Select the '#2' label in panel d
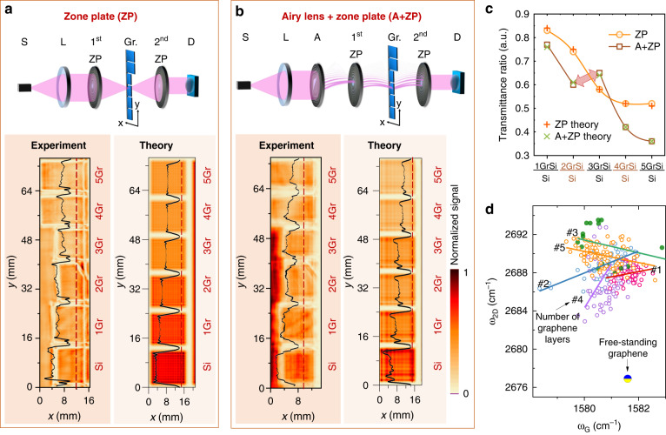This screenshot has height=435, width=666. click(517, 284)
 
